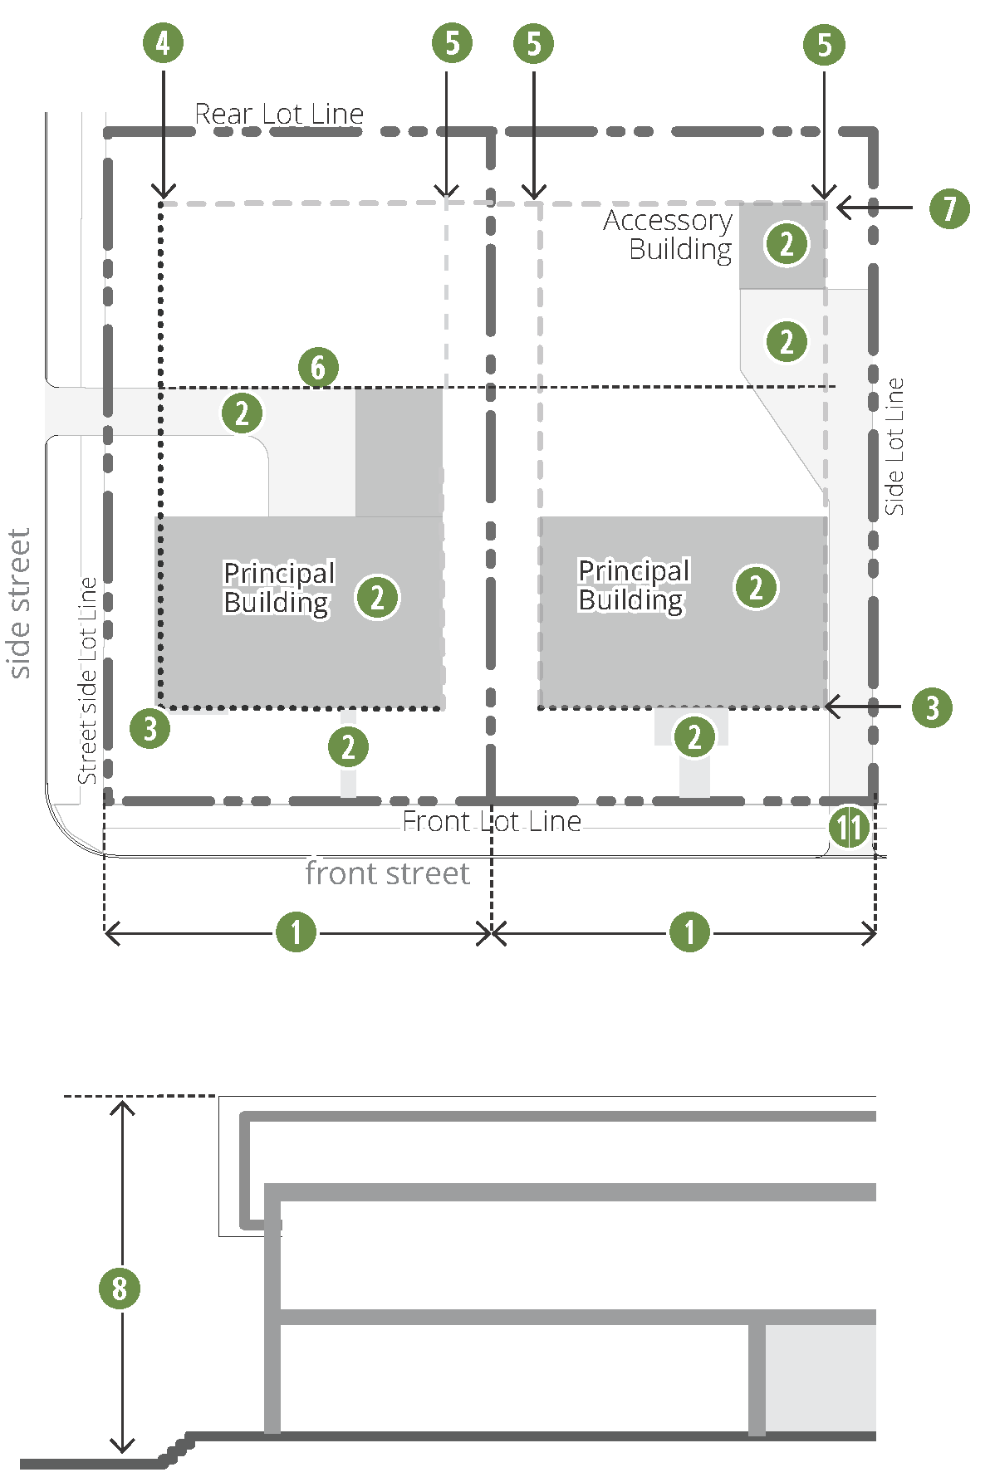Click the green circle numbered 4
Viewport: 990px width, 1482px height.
click(x=163, y=43)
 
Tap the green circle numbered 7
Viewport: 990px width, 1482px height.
click(x=949, y=208)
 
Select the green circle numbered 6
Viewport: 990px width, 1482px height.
click(x=318, y=367)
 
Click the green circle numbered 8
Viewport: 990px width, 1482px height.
click(x=120, y=1288)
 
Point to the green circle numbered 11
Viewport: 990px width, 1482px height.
click(x=849, y=827)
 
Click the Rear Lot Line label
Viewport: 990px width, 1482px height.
click(x=279, y=114)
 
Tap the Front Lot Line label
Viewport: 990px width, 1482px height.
click(x=492, y=821)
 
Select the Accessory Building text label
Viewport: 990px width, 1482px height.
click(x=669, y=234)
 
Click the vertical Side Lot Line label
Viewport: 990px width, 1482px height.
click(x=894, y=447)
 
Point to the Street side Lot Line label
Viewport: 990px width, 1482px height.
click(x=87, y=681)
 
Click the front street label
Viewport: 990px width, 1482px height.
click(x=387, y=873)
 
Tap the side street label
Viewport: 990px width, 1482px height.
click(x=18, y=604)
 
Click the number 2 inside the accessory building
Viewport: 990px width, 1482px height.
click(x=787, y=244)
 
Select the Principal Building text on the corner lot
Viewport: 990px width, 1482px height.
click(x=278, y=587)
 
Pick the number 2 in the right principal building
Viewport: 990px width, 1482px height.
click(x=756, y=587)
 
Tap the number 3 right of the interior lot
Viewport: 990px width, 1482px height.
click(x=932, y=707)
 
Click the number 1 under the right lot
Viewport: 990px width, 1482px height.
click(x=689, y=932)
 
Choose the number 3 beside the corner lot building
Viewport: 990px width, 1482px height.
click(x=149, y=728)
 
